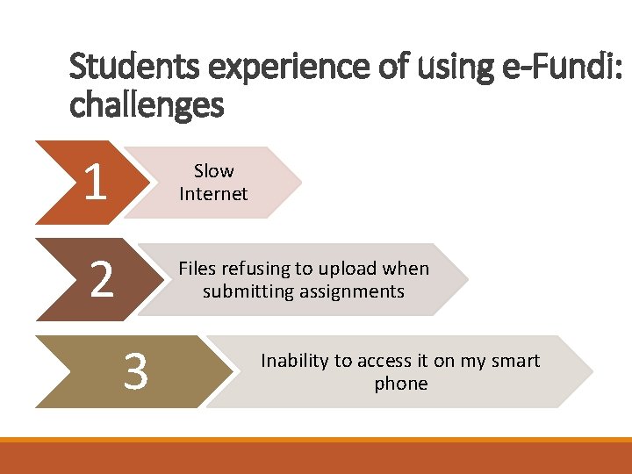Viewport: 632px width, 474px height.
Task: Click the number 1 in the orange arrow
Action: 97,183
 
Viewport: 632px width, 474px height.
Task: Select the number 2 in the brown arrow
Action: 102,279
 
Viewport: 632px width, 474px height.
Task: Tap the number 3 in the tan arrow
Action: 135,371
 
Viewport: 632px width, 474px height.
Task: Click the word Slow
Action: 214,170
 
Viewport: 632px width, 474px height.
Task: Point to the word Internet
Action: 213,193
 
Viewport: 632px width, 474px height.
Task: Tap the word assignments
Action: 350,291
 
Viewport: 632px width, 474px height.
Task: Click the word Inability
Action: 294,361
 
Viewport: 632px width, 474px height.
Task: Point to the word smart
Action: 514,361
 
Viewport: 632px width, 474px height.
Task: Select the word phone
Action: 401,384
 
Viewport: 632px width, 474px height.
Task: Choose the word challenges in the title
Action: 147,105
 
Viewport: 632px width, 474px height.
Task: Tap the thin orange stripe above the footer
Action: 316,440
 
